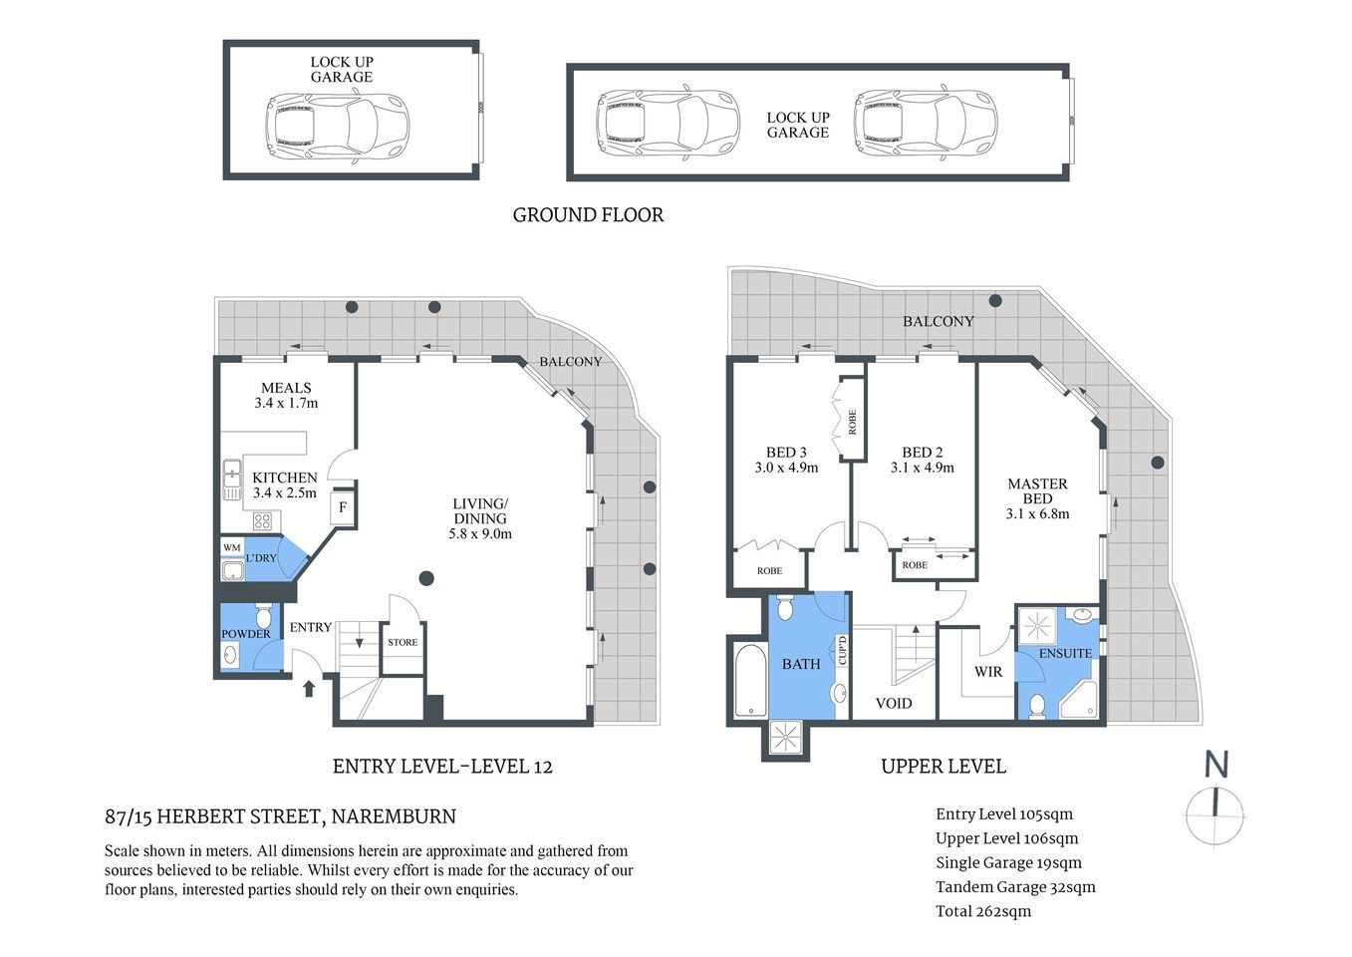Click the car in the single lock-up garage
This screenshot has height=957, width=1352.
[x=337, y=127]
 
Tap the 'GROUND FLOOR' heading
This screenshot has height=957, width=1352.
[x=588, y=215]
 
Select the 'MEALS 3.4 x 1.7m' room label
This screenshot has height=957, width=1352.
[x=286, y=396]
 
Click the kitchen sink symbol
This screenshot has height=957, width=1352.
[x=231, y=479]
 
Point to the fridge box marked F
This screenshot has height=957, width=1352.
[x=343, y=507]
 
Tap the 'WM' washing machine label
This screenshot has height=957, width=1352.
[x=231, y=548]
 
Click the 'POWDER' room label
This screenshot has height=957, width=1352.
[x=245, y=634]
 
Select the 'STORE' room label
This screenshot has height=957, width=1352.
[x=403, y=642]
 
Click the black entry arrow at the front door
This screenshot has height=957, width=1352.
[x=309, y=687]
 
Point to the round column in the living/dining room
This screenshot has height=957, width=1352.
[x=426, y=577]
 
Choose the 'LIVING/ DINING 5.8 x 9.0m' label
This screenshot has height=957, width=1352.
[x=480, y=518]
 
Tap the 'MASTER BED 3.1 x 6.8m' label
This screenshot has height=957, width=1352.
[x=1037, y=498]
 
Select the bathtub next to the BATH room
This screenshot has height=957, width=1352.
[x=749, y=681]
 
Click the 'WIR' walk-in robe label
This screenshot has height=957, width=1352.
[x=987, y=672]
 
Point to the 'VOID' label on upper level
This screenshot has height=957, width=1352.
[x=893, y=703]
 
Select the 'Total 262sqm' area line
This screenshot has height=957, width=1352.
[x=983, y=911]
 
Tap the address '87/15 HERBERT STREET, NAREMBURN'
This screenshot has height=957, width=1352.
[x=280, y=817]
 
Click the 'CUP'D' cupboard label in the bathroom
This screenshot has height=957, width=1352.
[x=842, y=651]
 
